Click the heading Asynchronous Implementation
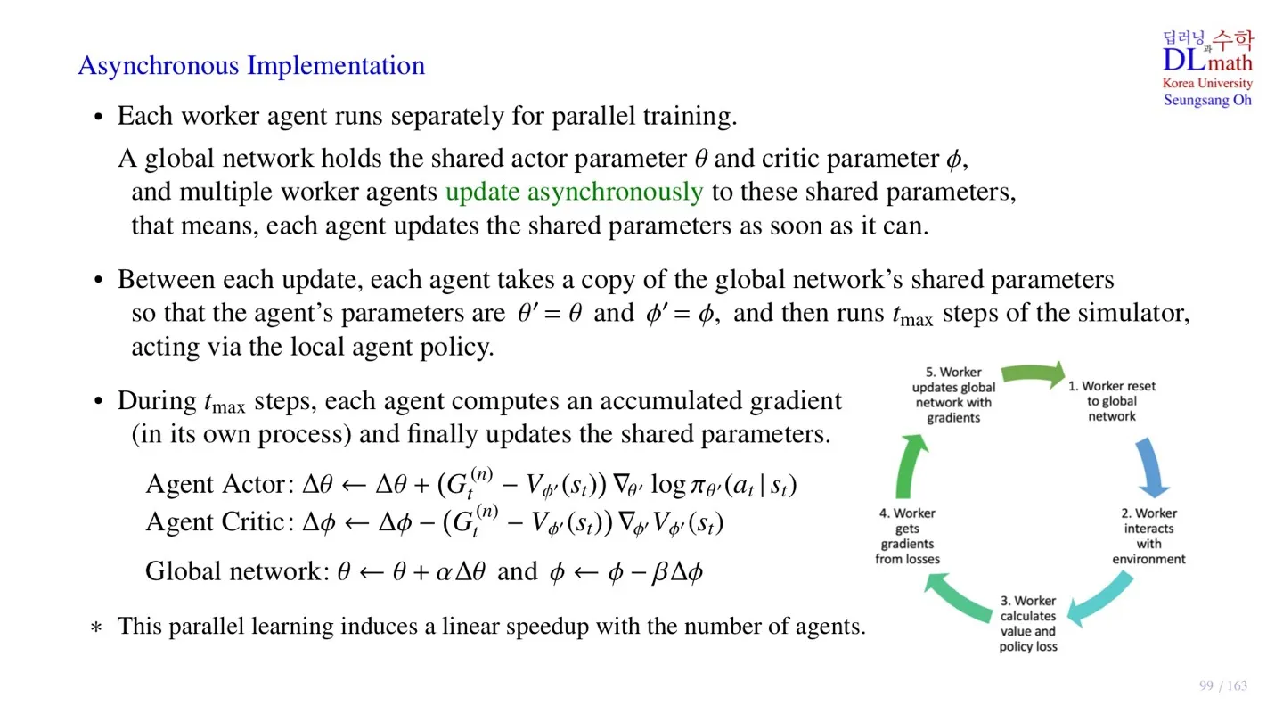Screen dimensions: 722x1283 click(x=251, y=66)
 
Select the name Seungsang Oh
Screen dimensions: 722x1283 click(x=1207, y=100)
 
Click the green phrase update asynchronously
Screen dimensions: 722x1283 click(x=574, y=192)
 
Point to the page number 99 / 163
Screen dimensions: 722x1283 click(x=1223, y=685)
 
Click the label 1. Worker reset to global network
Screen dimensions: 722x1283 click(x=1112, y=401)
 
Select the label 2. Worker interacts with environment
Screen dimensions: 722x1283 click(x=1148, y=536)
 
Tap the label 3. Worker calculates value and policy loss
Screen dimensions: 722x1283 click(x=1027, y=624)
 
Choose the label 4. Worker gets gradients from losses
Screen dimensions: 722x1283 click(x=907, y=536)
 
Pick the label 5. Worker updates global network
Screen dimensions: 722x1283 click(x=953, y=395)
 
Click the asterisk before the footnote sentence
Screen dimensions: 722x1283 click(x=96, y=628)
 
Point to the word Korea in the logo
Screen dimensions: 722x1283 click(x=1180, y=83)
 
